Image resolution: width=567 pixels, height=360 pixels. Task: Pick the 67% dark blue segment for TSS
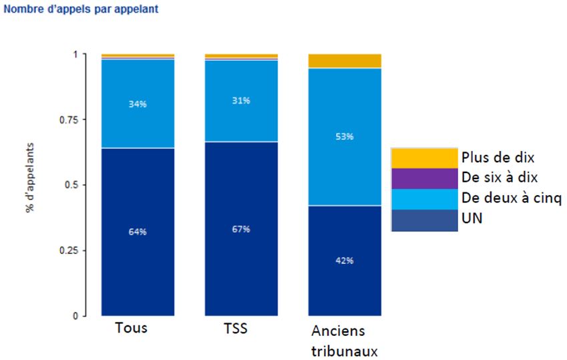[241, 229]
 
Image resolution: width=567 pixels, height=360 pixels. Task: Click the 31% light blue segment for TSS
[241, 100]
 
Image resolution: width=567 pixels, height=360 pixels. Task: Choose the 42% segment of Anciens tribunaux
[345, 260]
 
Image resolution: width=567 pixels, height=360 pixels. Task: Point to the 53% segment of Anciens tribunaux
[345, 136]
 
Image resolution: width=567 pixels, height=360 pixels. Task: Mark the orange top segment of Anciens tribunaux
[345, 61]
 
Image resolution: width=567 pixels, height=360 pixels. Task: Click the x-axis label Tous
[132, 329]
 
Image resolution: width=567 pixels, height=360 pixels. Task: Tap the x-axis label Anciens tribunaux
[343, 341]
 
